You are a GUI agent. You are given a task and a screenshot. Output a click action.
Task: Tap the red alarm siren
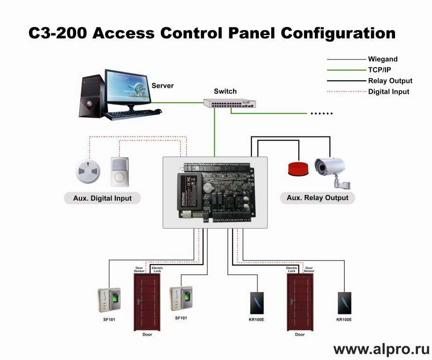pyautogui.click(x=297, y=168)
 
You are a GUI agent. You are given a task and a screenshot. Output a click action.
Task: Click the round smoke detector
pyautogui.click(x=88, y=171)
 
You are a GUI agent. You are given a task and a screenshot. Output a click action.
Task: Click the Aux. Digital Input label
pyautogui.click(x=102, y=198)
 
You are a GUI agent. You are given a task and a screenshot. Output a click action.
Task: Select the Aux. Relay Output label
pyautogui.click(x=318, y=197)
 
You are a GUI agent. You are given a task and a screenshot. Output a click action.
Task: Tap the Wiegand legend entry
pyautogui.click(x=383, y=59)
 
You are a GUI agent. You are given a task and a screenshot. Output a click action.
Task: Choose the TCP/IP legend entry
pyautogui.click(x=379, y=70)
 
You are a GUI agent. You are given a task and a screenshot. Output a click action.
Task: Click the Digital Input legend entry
pyautogui.click(x=388, y=92)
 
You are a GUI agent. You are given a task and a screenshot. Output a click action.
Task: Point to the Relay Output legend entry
pyautogui.click(x=390, y=81)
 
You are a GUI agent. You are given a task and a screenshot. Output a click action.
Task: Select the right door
pyautogui.click(x=300, y=301)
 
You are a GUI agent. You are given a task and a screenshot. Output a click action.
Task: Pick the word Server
pyautogui.click(x=162, y=86)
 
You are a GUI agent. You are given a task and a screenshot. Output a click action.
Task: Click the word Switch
pyautogui.click(x=225, y=91)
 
